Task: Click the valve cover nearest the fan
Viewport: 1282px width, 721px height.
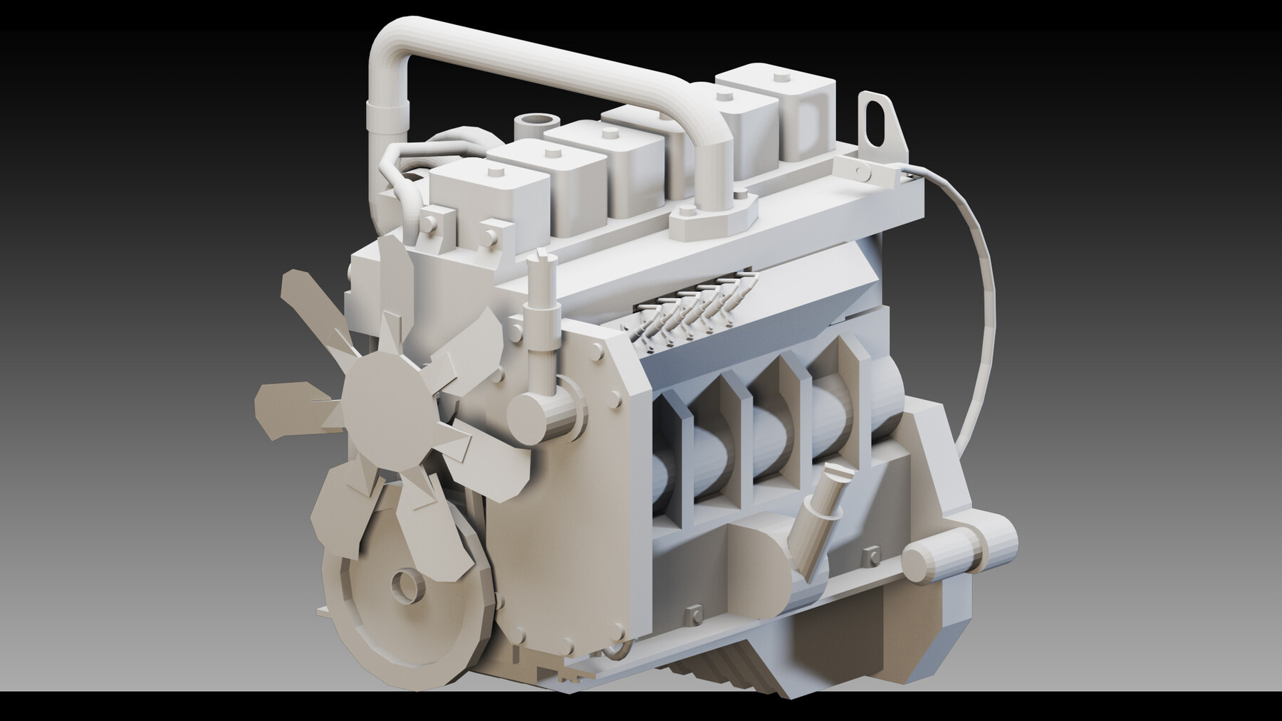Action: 484,192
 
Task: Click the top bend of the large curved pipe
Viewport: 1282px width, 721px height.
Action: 399,43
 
